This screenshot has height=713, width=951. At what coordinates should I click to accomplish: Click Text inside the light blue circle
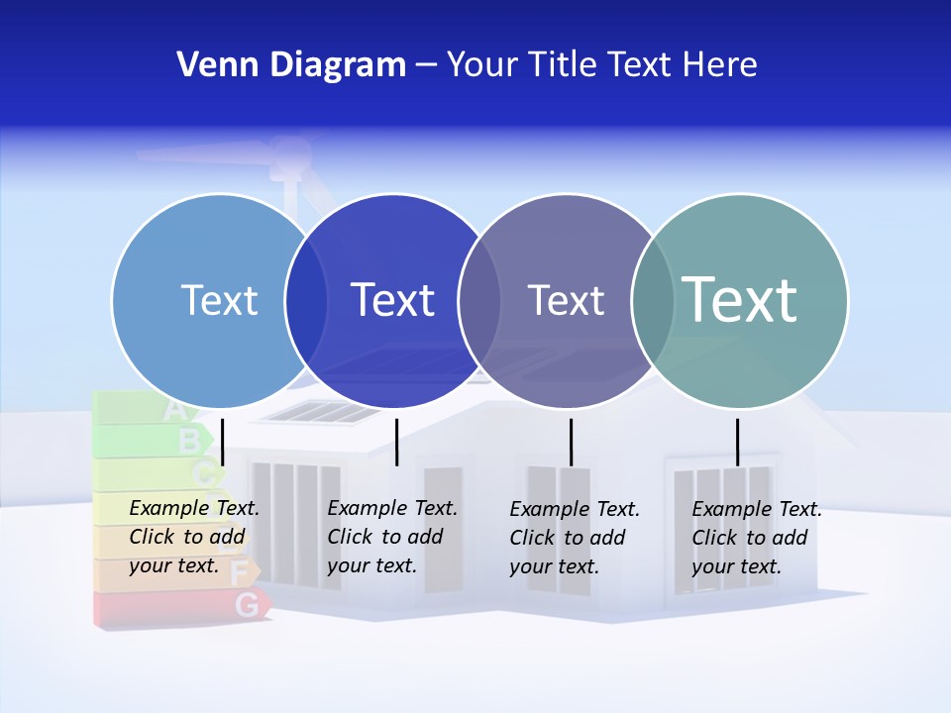point(219,300)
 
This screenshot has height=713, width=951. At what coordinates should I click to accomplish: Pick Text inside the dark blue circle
point(393,300)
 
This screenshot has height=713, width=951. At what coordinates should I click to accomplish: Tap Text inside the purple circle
point(566,300)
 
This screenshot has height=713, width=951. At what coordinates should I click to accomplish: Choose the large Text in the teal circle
point(740,299)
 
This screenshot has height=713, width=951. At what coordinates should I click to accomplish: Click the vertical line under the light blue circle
point(223,442)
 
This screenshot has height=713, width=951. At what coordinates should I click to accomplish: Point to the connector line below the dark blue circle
point(396,442)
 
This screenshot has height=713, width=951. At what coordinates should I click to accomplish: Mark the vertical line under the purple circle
point(571,442)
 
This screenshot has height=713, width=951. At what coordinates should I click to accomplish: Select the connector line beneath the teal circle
point(737,442)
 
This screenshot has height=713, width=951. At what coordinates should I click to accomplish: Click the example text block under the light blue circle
point(193,537)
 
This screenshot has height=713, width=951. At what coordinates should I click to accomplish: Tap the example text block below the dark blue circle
point(391,537)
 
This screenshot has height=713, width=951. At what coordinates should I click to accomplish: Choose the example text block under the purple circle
point(574,538)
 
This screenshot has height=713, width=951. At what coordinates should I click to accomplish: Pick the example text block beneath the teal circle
point(756,538)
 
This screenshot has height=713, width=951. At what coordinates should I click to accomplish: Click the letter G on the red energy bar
point(249,603)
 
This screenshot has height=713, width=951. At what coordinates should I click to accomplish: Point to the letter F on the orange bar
point(239,571)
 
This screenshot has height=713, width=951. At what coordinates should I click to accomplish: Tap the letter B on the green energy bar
point(188,440)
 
